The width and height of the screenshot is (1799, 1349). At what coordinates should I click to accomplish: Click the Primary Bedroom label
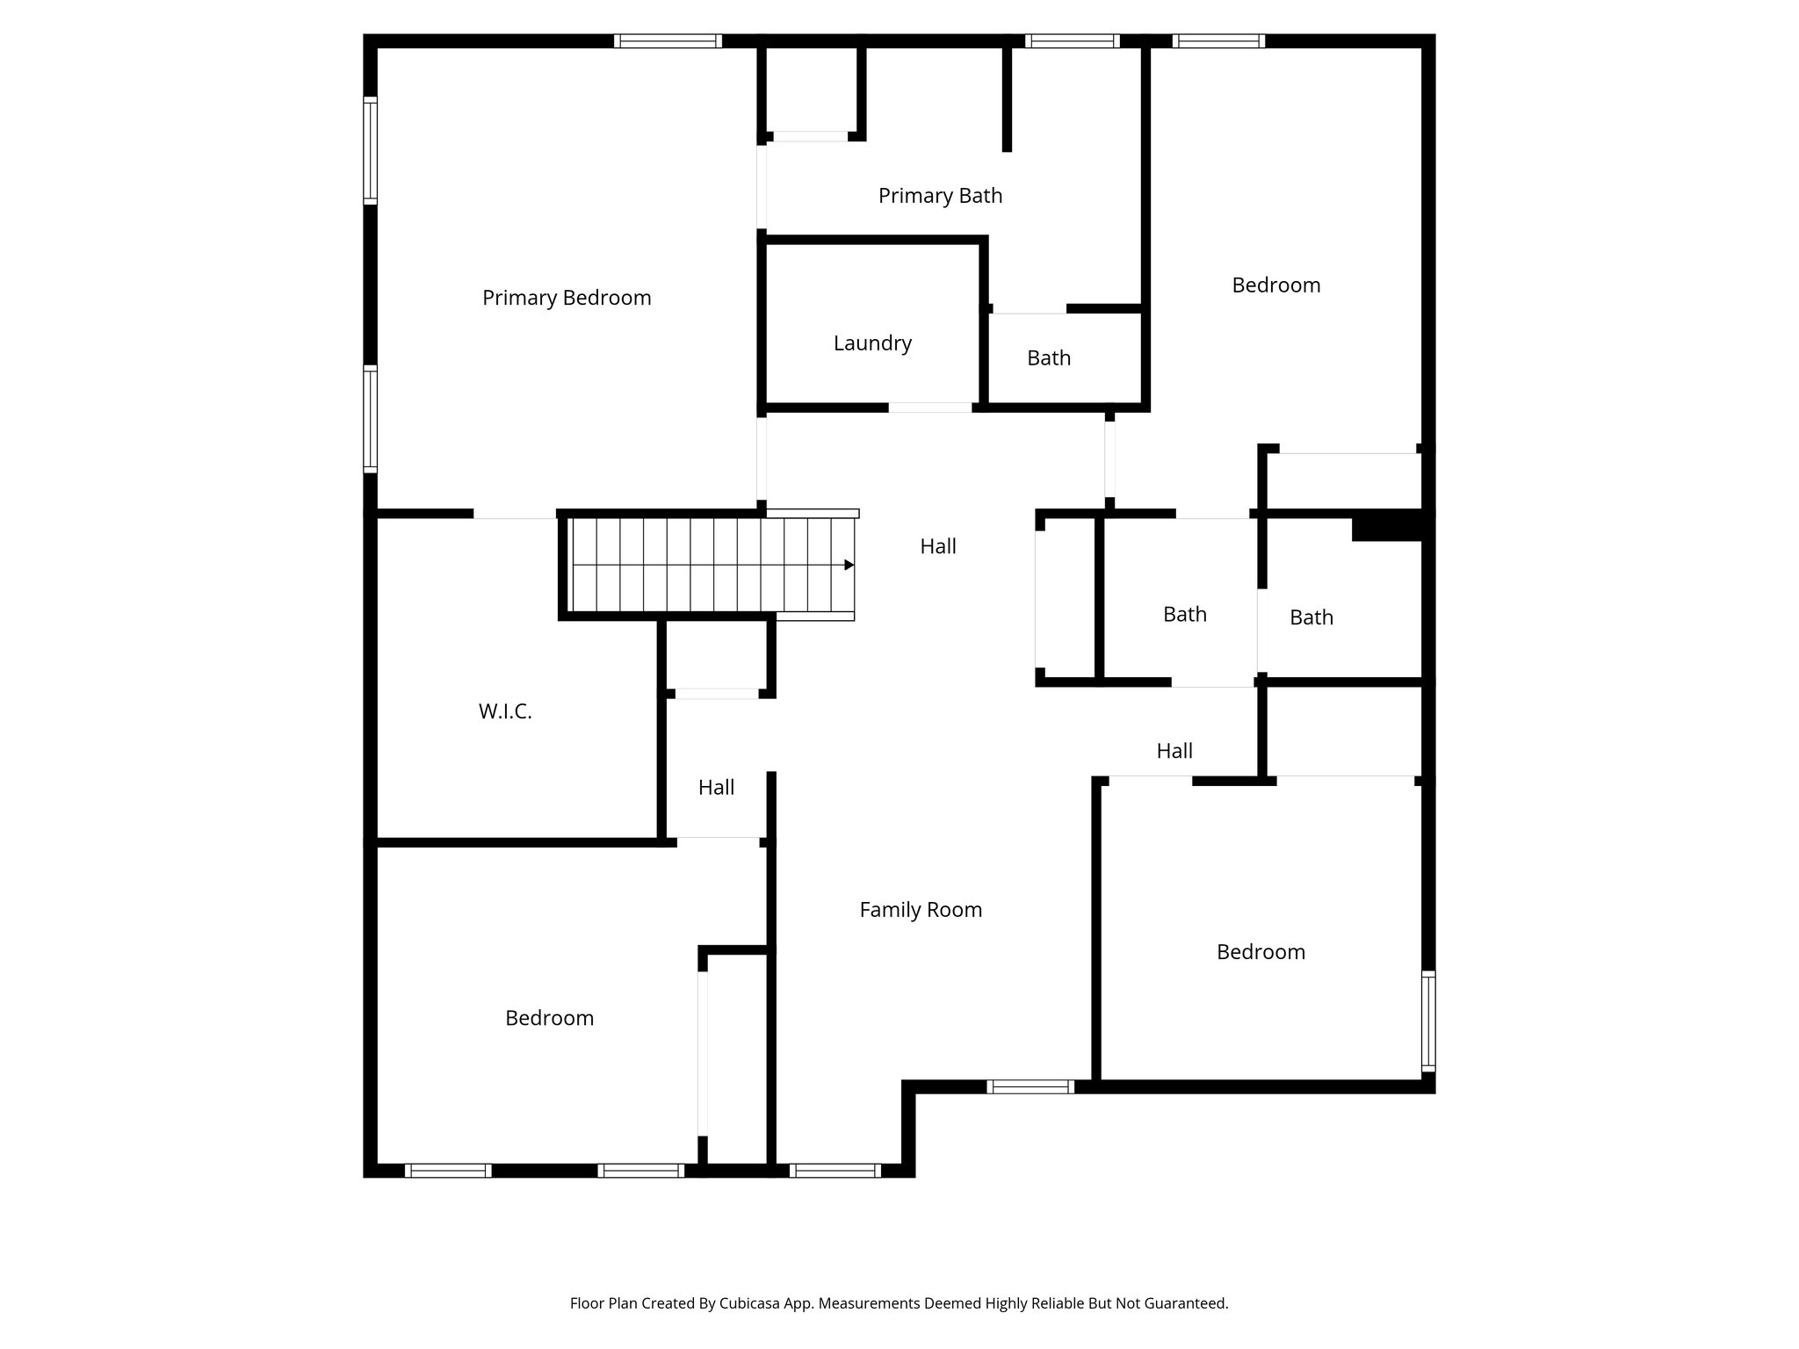tap(567, 298)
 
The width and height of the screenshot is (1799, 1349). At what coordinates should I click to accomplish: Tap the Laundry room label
tap(872, 343)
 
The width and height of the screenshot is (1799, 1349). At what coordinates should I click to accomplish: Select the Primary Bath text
tap(940, 196)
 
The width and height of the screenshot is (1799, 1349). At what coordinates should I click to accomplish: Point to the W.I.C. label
tap(505, 711)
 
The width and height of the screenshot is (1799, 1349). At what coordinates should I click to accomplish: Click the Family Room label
tap(921, 910)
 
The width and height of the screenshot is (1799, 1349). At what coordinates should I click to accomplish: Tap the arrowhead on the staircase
tap(849, 565)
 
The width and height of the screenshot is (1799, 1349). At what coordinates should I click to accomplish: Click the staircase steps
tap(703, 565)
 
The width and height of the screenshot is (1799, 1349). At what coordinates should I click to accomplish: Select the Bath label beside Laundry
tap(1049, 358)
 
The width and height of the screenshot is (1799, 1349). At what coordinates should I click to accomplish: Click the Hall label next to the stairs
tap(938, 546)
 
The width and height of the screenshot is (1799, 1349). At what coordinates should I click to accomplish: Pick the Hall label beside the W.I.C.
tap(716, 788)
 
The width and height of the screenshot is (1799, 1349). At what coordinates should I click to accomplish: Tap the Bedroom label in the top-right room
tap(1275, 285)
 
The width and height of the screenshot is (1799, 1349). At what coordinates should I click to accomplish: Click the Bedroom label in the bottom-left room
tap(549, 1018)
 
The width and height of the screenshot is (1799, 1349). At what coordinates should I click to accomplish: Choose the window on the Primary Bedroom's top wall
tap(668, 40)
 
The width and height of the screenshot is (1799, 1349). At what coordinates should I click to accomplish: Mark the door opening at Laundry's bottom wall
tap(930, 408)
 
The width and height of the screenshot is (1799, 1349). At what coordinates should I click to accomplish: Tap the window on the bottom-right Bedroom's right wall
tap(1428, 1021)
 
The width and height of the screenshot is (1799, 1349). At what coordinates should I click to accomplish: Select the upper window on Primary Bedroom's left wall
tap(371, 150)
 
